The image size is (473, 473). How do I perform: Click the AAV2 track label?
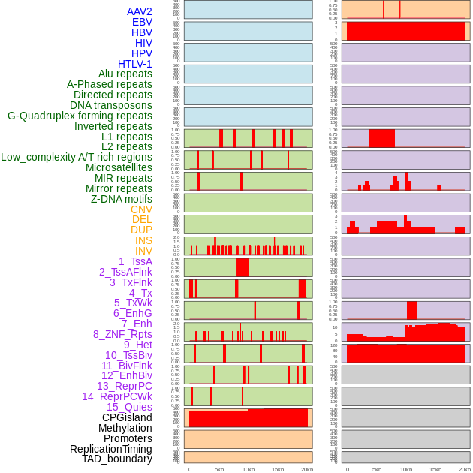point(140,11)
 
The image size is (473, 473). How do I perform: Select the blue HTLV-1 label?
point(135,64)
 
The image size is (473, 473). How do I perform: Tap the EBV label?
point(142,22)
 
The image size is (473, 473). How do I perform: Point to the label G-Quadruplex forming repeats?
point(80,116)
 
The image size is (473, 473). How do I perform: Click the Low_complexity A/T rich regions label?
point(77,157)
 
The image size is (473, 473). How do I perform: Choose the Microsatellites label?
point(119,167)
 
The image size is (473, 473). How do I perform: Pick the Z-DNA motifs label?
point(122,199)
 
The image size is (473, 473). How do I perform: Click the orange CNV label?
point(141,209)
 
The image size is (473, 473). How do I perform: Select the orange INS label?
point(143,240)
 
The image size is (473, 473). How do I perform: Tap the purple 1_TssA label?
point(135,261)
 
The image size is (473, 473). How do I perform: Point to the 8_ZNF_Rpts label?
point(122,334)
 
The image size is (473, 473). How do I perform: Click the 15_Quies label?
point(129,407)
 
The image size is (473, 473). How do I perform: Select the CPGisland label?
point(127,417)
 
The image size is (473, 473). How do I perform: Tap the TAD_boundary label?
point(117,459)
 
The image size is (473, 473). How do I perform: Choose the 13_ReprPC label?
point(124,386)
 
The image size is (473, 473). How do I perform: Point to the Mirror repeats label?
point(119,188)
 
